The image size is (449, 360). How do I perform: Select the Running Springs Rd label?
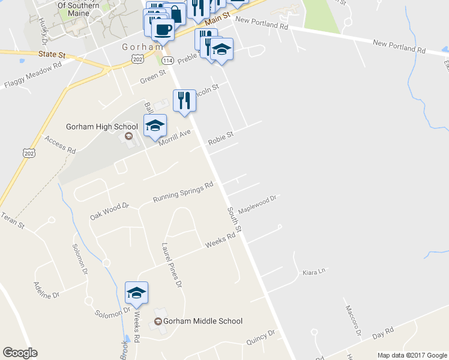tap(183, 192)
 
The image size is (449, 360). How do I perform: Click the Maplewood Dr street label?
tap(257, 204)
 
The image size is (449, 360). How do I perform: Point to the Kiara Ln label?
tap(313, 271)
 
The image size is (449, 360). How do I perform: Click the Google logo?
tap(20, 353)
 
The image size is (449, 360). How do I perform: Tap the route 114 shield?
tap(167, 61)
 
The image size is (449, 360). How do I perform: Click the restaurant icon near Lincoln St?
tap(185, 100)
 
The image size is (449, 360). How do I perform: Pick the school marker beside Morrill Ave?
tap(155, 125)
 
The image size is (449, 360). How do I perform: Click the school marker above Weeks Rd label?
tap(136, 292)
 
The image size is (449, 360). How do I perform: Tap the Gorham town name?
tap(142, 47)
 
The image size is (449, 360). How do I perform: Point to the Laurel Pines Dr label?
tap(171, 265)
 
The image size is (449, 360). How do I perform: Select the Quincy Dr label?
tap(261, 337)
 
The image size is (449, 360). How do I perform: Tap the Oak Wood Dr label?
tap(110, 211)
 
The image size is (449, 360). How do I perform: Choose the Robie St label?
tap(220, 139)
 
